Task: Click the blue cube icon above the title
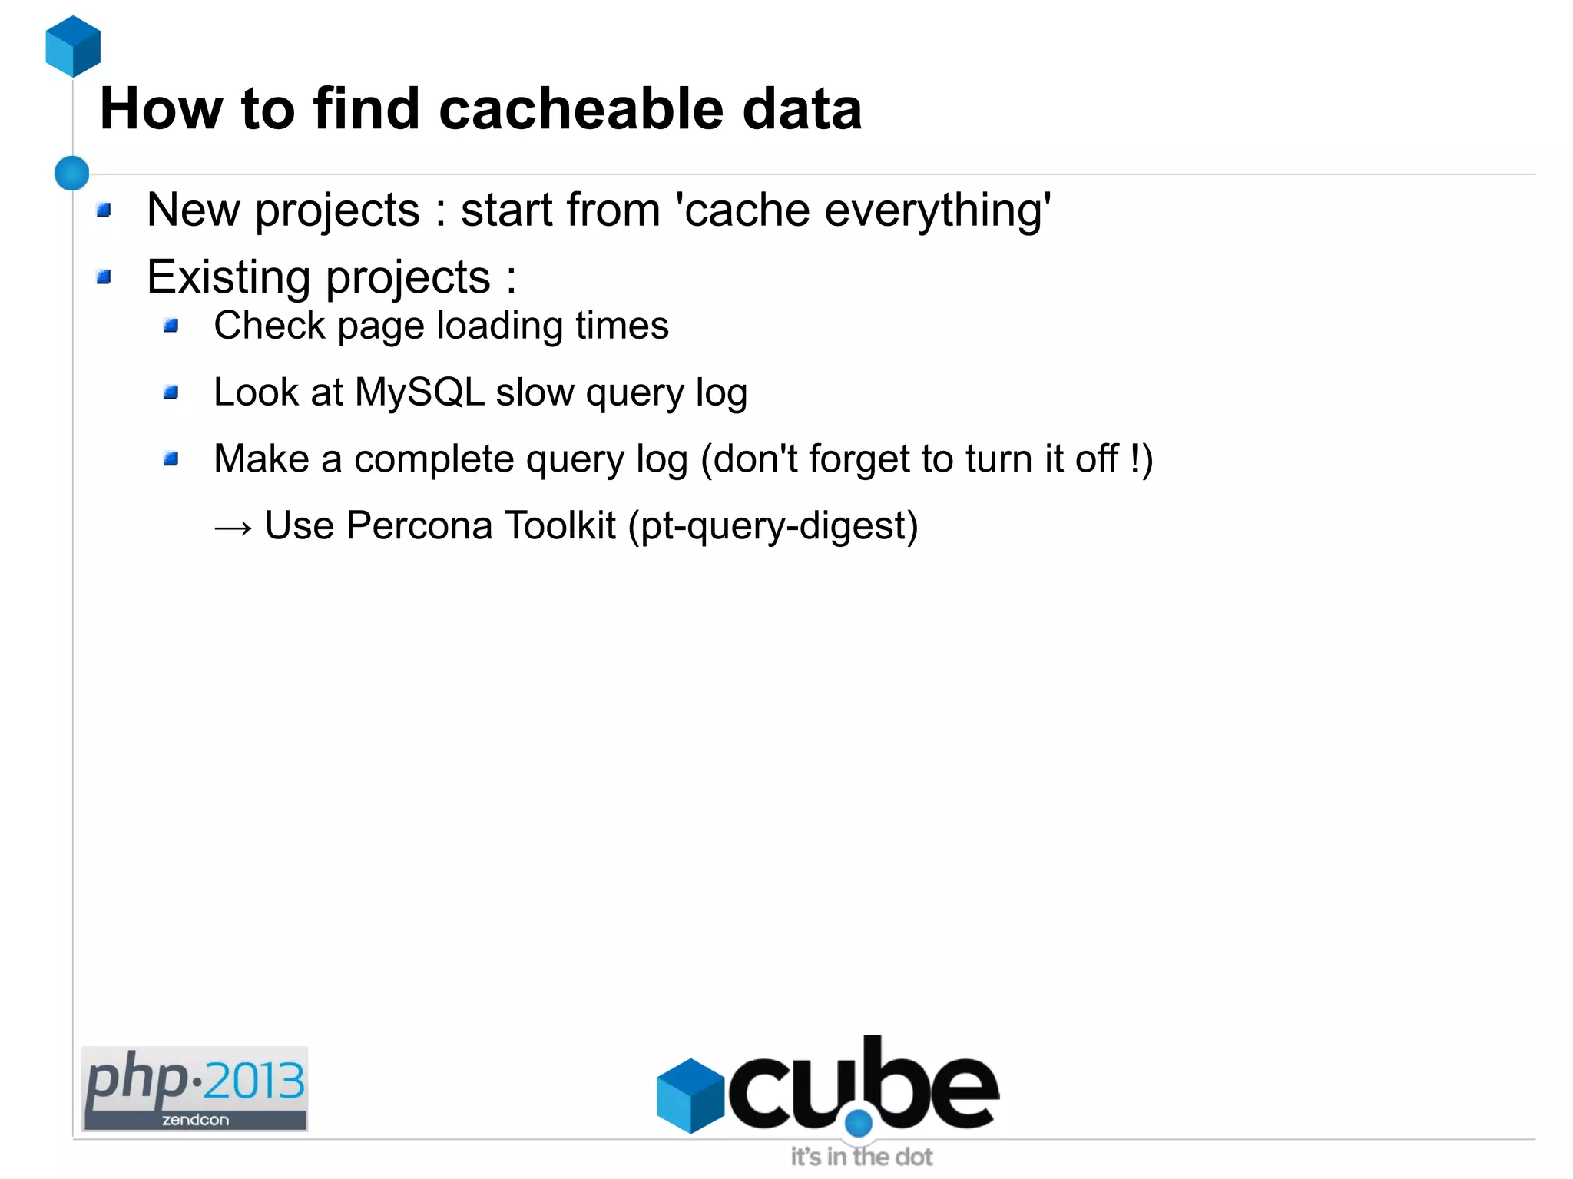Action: [x=73, y=46]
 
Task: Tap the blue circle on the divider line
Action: [x=72, y=173]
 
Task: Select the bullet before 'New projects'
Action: [x=104, y=210]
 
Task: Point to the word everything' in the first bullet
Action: [x=938, y=210]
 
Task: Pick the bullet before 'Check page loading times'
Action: [x=171, y=326]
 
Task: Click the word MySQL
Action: [x=419, y=392]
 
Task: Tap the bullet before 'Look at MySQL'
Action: [x=171, y=393]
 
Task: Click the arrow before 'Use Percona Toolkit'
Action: [x=233, y=528]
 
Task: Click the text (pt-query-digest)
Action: [x=773, y=527]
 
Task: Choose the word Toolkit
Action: [x=560, y=526]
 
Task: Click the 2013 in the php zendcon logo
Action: [x=254, y=1081]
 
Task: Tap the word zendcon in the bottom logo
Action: [x=195, y=1120]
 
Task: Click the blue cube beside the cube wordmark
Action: [x=690, y=1096]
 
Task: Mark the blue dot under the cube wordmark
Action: [x=859, y=1124]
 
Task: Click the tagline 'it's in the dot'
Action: [x=862, y=1157]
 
